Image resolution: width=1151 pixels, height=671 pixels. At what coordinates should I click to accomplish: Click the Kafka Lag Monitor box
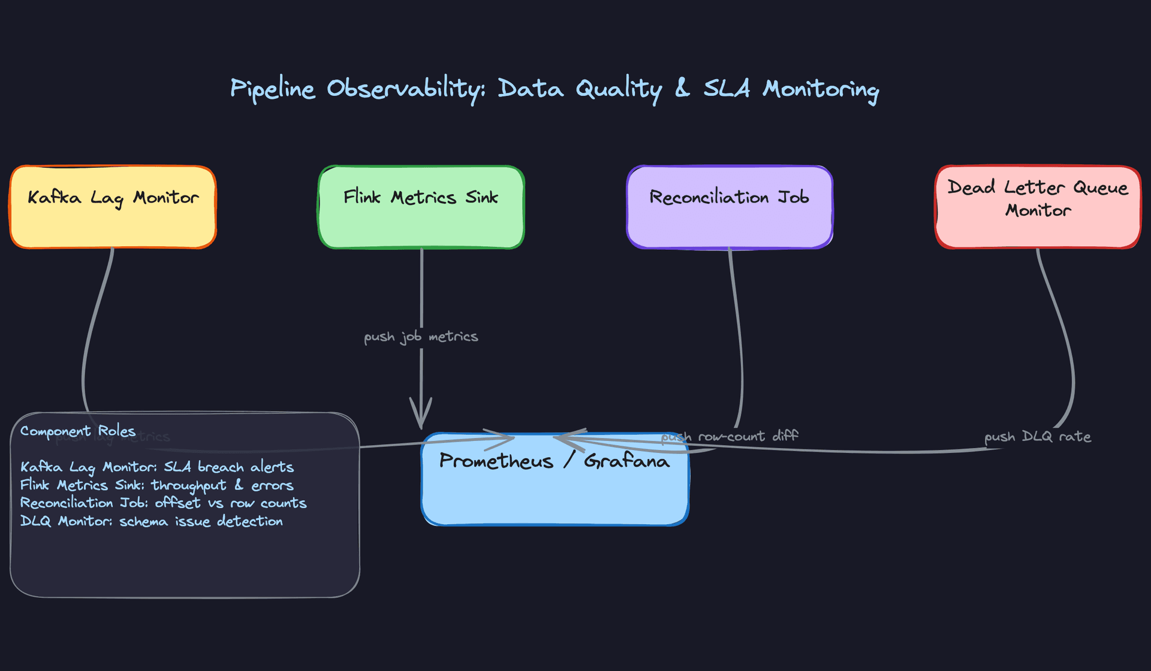coord(113,207)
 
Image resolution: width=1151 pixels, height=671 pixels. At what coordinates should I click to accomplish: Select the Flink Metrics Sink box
coord(421,207)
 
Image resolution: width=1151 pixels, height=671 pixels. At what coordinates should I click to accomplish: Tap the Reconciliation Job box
coord(729,207)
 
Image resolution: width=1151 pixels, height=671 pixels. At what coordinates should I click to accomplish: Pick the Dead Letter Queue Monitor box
coord(1038,207)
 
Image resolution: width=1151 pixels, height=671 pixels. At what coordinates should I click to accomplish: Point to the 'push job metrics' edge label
coord(421,337)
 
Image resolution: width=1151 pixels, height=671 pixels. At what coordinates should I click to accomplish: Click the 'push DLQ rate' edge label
coord(1038,437)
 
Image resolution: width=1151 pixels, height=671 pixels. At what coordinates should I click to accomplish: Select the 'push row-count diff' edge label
coord(730,436)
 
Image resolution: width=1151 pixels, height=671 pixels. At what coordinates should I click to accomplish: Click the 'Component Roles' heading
coord(78,431)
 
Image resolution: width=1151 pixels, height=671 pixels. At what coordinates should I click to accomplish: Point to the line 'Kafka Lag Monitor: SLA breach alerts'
coord(157,467)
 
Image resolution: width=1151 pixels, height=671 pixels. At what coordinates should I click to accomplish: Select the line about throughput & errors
coord(157,485)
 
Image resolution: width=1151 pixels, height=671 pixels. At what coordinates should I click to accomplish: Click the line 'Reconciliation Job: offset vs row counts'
coord(163,503)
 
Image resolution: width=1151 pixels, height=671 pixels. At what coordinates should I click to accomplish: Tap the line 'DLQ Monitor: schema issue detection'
coord(151,521)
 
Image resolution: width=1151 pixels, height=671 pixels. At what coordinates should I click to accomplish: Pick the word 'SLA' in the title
coord(727,89)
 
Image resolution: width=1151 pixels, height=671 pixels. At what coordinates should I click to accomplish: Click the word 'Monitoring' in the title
coord(821,89)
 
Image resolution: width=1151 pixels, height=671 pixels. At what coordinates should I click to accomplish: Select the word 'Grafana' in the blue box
coord(626,461)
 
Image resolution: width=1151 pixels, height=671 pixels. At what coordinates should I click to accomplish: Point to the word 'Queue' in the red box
coord(1101,188)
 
